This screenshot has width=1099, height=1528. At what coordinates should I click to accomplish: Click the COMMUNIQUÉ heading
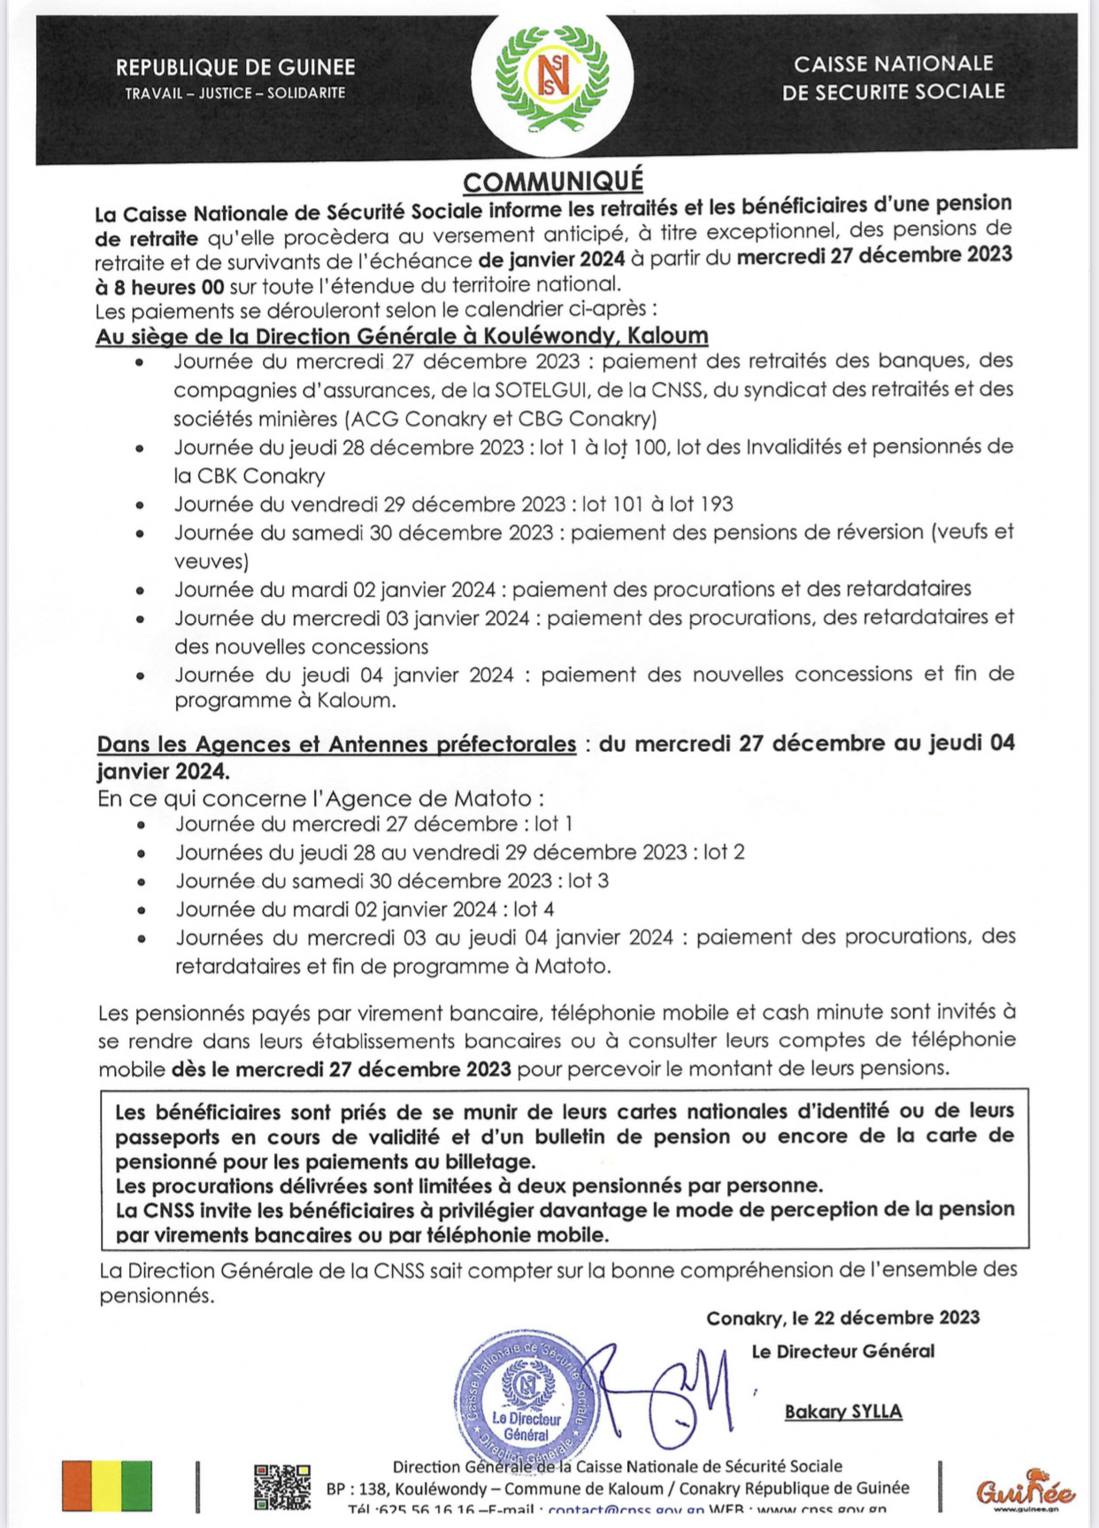pos(553,181)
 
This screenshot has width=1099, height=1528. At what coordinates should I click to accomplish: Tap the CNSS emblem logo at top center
pos(552,74)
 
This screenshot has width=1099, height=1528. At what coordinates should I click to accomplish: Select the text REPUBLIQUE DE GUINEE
pos(235,67)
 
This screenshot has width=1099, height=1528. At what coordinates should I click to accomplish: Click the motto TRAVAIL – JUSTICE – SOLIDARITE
pos(235,93)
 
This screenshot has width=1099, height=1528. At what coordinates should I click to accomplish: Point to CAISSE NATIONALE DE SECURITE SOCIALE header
pos(894,77)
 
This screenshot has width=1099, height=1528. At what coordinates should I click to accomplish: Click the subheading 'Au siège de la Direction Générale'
pos(402,336)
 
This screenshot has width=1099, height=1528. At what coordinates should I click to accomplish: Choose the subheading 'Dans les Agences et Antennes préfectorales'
pos(336,745)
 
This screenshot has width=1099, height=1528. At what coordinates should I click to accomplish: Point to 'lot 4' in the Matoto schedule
pos(534,909)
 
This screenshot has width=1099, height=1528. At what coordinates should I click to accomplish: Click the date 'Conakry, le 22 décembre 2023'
pos(842,1318)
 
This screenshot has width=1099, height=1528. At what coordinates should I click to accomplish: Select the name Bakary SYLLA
pos(843,1412)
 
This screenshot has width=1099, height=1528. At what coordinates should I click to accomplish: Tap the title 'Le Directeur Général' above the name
pos(843,1351)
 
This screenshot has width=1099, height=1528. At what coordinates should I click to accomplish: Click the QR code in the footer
pos(282,1486)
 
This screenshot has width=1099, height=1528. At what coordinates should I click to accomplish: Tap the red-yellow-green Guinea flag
pos(107,1486)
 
